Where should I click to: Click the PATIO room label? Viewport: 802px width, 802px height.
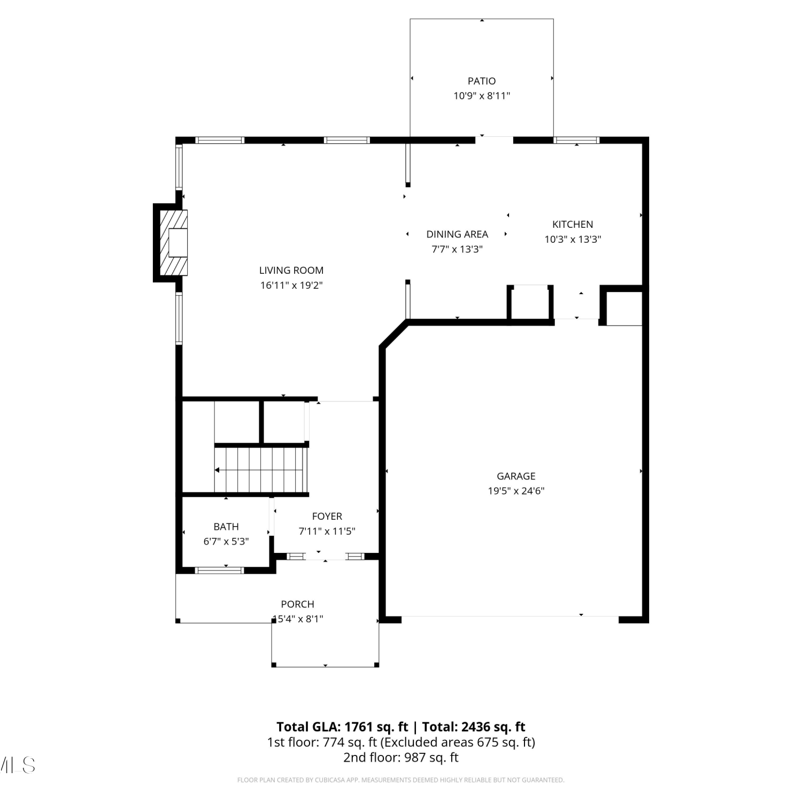click(482, 81)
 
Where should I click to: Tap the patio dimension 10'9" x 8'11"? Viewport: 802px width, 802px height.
click(482, 96)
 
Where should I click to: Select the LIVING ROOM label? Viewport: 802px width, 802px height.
click(291, 271)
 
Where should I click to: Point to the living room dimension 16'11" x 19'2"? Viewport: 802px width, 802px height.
click(291, 286)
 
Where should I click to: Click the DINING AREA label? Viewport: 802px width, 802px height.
click(457, 234)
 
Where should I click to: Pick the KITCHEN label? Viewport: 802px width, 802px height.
click(573, 225)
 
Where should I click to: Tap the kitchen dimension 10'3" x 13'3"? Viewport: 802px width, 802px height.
click(573, 240)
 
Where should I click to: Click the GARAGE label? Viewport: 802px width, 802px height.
click(516, 476)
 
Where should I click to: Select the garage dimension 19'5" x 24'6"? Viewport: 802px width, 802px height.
click(516, 491)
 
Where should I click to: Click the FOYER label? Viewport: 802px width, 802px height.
click(327, 516)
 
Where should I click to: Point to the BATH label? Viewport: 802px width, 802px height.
click(226, 527)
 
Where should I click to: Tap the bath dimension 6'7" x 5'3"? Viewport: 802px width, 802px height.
click(226, 542)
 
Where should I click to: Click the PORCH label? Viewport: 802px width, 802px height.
click(298, 604)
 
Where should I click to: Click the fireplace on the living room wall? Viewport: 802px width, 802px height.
click(171, 242)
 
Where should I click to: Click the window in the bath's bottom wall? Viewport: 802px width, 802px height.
click(220, 570)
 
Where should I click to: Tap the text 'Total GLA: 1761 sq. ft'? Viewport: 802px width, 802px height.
click(342, 727)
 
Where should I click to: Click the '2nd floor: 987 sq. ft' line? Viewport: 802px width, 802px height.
click(401, 758)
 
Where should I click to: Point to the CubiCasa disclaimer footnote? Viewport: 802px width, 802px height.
click(401, 780)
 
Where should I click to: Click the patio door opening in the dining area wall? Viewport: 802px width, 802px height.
click(494, 140)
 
